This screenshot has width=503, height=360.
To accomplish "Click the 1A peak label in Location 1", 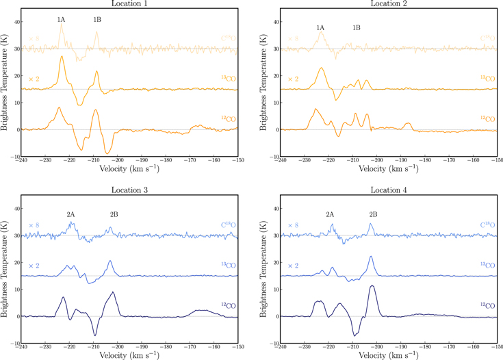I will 61,19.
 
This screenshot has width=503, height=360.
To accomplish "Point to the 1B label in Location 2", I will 357,27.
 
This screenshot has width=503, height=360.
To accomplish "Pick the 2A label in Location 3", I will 70,214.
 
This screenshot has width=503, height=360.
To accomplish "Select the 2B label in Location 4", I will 373,214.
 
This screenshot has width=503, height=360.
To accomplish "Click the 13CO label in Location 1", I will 229,79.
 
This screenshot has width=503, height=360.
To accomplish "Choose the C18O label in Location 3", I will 228,224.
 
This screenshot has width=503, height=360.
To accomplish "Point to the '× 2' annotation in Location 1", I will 34,79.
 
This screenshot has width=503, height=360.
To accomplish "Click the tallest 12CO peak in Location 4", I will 372,285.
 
